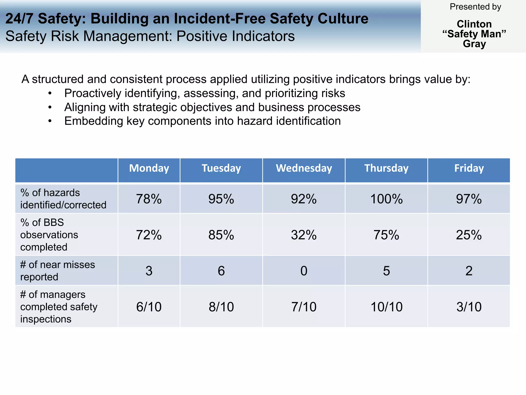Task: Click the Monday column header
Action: click(x=149, y=168)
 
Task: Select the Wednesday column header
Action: click(x=304, y=168)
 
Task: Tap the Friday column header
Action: click(x=469, y=168)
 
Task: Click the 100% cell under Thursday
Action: click(x=386, y=199)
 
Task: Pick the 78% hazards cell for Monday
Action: click(x=149, y=199)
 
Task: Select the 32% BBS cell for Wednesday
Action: click(x=304, y=235)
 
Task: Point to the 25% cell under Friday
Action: click(x=469, y=235)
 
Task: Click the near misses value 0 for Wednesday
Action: click(x=304, y=271)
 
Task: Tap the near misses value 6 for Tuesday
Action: click(x=221, y=271)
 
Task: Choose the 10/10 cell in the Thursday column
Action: click(x=386, y=307)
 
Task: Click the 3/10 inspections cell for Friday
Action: click(x=469, y=307)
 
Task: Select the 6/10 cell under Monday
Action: click(x=149, y=307)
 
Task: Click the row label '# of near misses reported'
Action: click(x=58, y=271)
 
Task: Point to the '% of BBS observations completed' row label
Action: click(x=49, y=235)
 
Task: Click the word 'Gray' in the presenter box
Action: click(x=474, y=44)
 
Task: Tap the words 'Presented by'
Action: click(x=475, y=7)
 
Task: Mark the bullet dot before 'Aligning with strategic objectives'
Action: click(x=50, y=107)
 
